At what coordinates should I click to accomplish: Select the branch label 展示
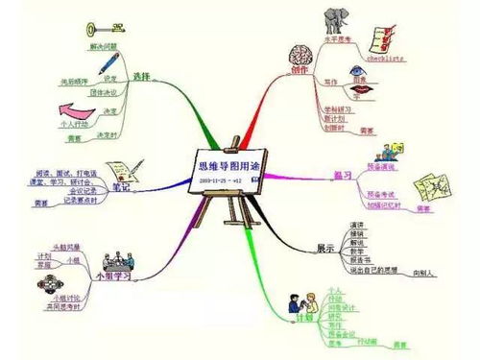pos(327,248)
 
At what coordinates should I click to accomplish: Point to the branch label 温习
pos(341,176)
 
